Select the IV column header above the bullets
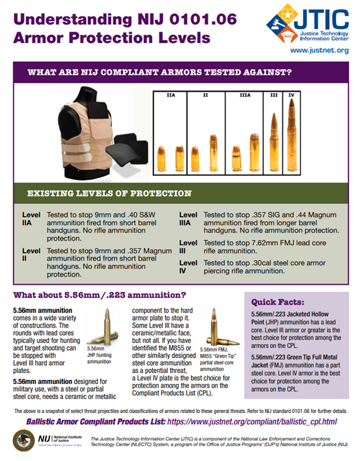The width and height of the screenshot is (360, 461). point(291,96)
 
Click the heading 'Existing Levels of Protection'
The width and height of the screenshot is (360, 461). point(109,193)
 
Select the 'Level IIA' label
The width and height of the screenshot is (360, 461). point(30,219)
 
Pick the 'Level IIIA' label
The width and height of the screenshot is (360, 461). point(188,219)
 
